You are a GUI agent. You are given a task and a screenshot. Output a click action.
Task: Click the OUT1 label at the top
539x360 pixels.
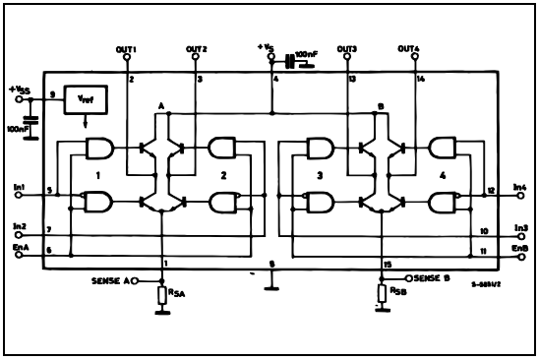click(x=125, y=49)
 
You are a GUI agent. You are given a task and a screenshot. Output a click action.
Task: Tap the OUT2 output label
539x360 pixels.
click(x=197, y=49)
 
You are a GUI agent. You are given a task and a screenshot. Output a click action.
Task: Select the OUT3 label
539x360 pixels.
click(x=346, y=49)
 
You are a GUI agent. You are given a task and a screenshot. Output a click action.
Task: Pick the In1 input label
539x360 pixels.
click(x=21, y=187)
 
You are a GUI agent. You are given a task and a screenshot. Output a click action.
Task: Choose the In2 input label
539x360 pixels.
click(x=21, y=226)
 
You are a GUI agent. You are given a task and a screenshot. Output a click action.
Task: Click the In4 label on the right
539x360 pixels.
click(x=520, y=187)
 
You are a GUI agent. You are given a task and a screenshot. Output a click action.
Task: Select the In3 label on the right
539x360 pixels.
click(x=520, y=227)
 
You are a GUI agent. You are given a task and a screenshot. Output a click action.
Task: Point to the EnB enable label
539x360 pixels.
click(x=520, y=249)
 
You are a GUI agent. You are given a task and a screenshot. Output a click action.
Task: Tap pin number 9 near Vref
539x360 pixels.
click(x=51, y=94)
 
